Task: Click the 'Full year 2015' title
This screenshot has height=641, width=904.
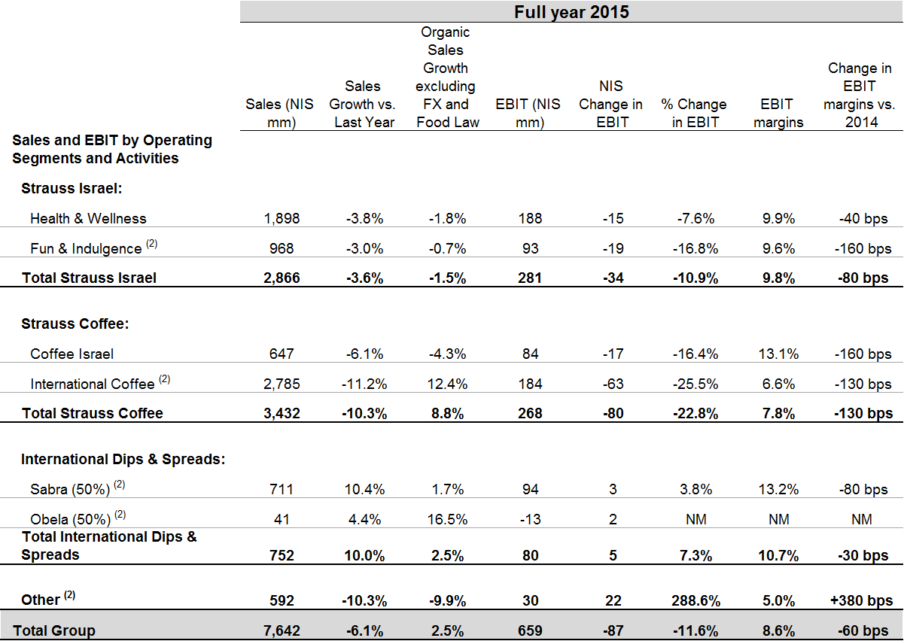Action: (571, 12)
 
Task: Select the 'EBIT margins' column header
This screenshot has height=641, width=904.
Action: (778, 113)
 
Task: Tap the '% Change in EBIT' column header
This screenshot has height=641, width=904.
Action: (694, 113)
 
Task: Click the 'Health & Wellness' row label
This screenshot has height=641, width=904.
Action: (88, 218)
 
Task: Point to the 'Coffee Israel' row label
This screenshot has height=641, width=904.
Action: (72, 354)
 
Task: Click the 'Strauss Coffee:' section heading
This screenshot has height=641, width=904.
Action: (76, 324)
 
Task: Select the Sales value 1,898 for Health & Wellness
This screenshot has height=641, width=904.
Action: (282, 218)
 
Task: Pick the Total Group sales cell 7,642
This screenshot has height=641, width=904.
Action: (282, 630)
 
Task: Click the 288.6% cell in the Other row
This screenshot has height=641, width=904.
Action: (694, 600)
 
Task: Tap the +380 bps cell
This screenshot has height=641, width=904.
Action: (861, 600)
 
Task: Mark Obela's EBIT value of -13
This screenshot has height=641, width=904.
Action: (530, 519)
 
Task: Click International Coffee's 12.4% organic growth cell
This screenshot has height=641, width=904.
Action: (447, 384)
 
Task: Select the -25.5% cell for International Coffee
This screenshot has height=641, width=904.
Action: (694, 384)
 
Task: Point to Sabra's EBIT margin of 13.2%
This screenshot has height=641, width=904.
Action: (778, 489)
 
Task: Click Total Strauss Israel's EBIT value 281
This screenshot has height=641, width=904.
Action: (530, 278)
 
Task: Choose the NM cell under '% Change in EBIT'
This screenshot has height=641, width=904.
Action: (694, 519)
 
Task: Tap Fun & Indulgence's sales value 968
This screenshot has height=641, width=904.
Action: (282, 248)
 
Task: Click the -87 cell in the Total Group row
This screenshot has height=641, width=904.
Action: (613, 630)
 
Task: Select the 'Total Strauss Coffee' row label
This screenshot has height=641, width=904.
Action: (93, 413)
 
